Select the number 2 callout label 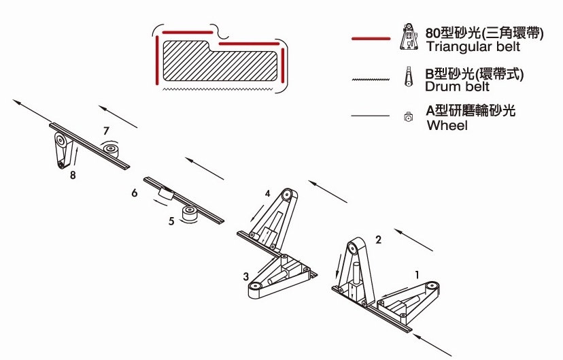(379, 239)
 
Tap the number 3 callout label (245, 276)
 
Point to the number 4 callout (268, 193)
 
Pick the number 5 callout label (171, 220)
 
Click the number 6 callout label (135, 193)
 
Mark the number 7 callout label (105, 129)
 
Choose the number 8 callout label (72, 176)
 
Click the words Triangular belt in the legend (473, 47)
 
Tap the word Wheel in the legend (447, 126)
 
